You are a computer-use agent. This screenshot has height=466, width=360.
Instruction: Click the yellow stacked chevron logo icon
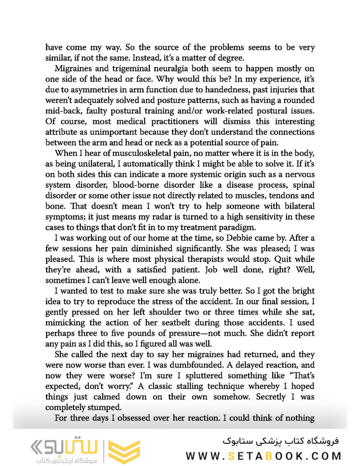pyautogui.click(x=124, y=452)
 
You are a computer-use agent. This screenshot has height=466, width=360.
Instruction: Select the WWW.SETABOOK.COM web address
pyautogui.click(x=264, y=456)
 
